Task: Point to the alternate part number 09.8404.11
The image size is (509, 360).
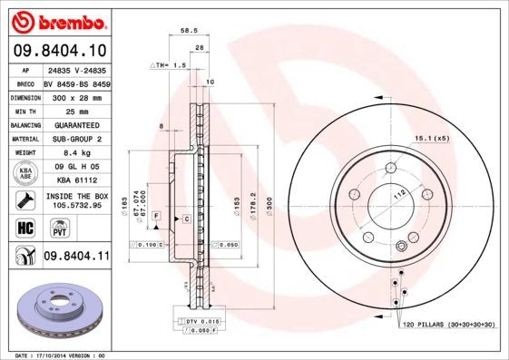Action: (75, 257)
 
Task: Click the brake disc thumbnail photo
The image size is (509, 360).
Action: (57, 305)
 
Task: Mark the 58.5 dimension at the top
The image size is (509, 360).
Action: (190, 29)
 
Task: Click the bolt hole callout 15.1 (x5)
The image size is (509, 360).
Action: (432, 138)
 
